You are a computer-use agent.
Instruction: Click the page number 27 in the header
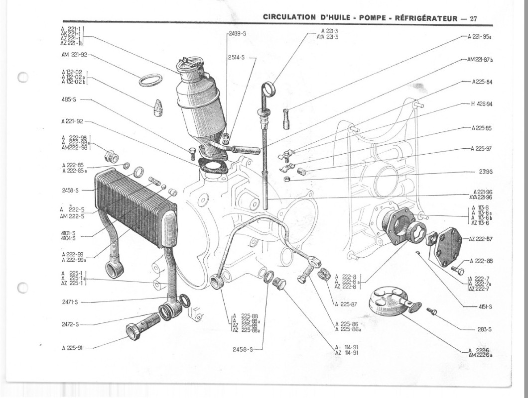pos(473,18)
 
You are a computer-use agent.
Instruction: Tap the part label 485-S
pos(68,99)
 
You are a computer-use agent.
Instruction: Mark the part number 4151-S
pos(483,306)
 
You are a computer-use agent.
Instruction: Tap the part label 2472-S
pos(70,324)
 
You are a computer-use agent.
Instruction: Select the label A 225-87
pos(347,303)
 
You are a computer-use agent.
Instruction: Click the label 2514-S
pos(237,57)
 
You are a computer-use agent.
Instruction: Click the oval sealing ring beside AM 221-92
pos(150,80)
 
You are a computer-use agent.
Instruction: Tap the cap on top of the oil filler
pos(188,65)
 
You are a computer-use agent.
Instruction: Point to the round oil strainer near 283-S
pos(386,300)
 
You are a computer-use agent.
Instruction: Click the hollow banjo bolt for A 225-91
pos(142,326)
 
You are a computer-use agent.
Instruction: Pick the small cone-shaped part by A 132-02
pos(158,107)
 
